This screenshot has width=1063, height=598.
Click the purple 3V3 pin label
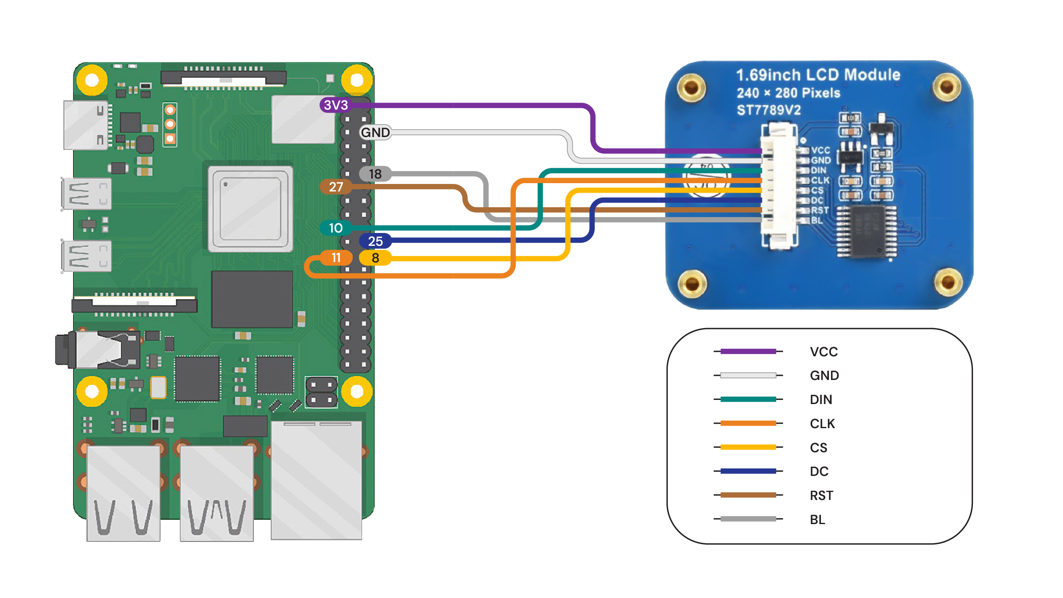[336, 105]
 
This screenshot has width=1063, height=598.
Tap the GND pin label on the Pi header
[375, 132]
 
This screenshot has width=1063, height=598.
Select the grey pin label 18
[375, 174]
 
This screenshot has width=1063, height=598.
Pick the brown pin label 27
[336, 187]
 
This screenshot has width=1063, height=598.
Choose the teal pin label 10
[336, 228]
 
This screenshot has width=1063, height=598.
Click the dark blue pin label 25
[375, 241]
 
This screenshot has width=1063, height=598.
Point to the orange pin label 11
[336, 258]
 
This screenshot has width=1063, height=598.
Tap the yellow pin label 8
[375, 258]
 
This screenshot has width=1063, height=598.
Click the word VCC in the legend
[824, 352]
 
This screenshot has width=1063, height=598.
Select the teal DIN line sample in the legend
[748, 399]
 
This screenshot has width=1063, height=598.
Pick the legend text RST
[821, 495]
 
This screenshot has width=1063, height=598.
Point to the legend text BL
[818, 520]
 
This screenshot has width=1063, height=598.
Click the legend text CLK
[822, 424]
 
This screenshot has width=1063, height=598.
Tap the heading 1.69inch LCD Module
[818, 75]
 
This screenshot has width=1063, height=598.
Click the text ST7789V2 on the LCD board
[769, 110]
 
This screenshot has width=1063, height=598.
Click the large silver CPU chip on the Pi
[250, 209]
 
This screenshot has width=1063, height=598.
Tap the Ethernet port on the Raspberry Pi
[316, 480]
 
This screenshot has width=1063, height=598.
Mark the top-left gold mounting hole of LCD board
[691, 88]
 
